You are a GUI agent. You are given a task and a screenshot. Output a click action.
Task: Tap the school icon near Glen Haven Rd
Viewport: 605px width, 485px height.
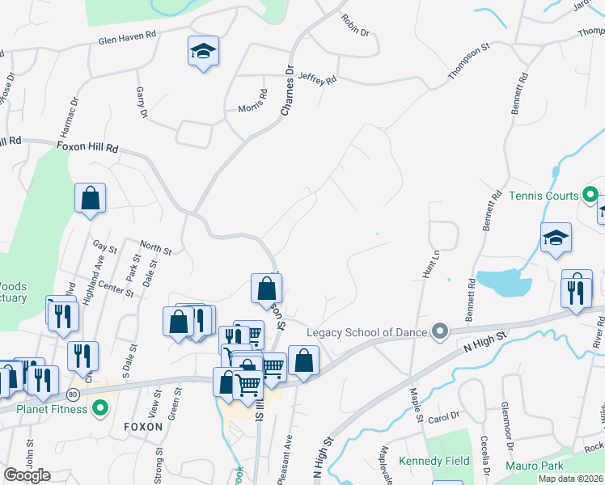pyautogui.click(x=203, y=53)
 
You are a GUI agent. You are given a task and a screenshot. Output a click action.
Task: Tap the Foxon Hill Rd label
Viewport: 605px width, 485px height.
pyautogui.click(x=87, y=149)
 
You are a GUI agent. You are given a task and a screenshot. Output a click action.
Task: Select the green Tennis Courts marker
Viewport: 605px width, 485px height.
pyautogui.click(x=590, y=196)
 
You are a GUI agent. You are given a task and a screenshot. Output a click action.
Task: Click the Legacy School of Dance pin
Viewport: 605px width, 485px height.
pyautogui.click(x=440, y=331)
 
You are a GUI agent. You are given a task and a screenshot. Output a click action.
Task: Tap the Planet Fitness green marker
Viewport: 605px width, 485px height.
pyautogui.click(x=100, y=408)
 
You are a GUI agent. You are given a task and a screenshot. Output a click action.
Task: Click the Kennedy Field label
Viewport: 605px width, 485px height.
pyautogui.click(x=434, y=462)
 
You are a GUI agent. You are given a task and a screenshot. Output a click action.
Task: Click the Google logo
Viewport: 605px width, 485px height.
pyautogui.click(x=27, y=475)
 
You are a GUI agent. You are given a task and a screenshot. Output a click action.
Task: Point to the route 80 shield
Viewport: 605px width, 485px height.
pyautogui.click(x=73, y=394)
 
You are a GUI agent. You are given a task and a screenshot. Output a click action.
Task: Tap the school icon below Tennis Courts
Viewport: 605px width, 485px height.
pyautogui.click(x=556, y=238)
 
